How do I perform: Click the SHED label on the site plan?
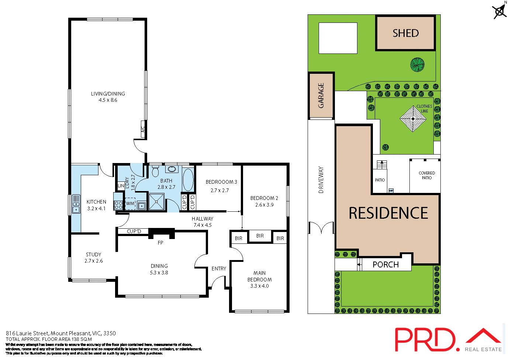click(x=405, y=33)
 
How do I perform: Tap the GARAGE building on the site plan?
click(x=321, y=96)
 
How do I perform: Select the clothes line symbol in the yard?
click(x=413, y=118)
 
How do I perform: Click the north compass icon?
click(x=500, y=11)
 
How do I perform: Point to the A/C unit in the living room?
click(x=143, y=129)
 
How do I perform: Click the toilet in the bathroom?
click(x=155, y=172)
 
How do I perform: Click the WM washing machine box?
click(x=130, y=204)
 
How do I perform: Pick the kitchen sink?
click(x=76, y=204)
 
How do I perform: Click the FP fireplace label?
click(x=160, y=243)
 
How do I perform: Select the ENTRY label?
click(x=219, y=269)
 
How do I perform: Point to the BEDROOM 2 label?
click(x=264, y=198)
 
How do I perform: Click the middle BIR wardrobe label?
click(x=260, y=236)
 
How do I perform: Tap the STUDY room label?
click(x=93, y=255)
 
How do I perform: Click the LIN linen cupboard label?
click(x=121, y=186)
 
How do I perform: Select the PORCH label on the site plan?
click(x=385, y=264)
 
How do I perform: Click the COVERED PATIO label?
click(x=427, y=175)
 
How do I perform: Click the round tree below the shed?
click(x=418, y=65)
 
